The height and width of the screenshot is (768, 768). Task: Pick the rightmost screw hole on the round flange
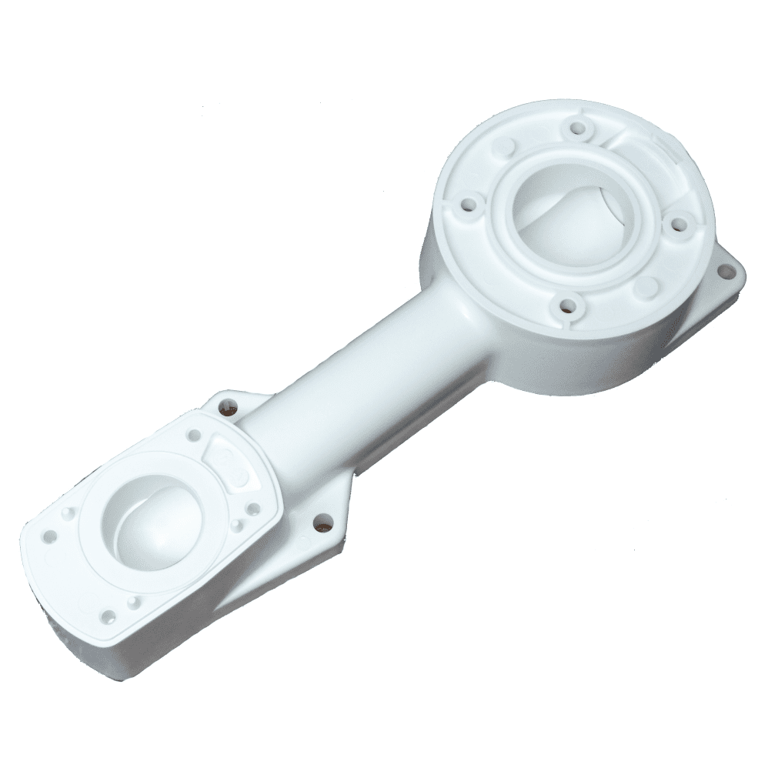click(677, 224)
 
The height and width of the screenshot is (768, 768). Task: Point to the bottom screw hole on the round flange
click(569, 306)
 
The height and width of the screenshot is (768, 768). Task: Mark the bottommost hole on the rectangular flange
click(109, 615)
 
